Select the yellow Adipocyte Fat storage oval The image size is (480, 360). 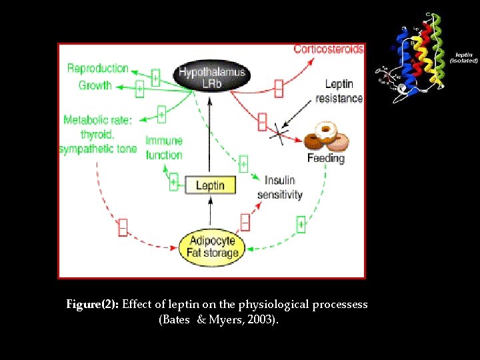(213, 247)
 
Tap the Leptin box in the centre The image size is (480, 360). (210, 185)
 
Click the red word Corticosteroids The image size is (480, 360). (329, 49)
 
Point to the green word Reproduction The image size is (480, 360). (97, 68)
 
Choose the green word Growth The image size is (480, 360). (95, 85)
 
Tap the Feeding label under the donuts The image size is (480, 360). (326, 159)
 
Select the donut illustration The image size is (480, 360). (327, 137)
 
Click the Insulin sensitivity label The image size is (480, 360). (280, 187)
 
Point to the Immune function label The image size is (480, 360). (164, 148)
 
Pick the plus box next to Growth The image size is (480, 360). (139, 89)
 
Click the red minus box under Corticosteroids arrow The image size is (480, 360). (278, 88)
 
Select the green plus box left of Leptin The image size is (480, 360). (173, 182)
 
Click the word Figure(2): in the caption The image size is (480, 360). (93, 304)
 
